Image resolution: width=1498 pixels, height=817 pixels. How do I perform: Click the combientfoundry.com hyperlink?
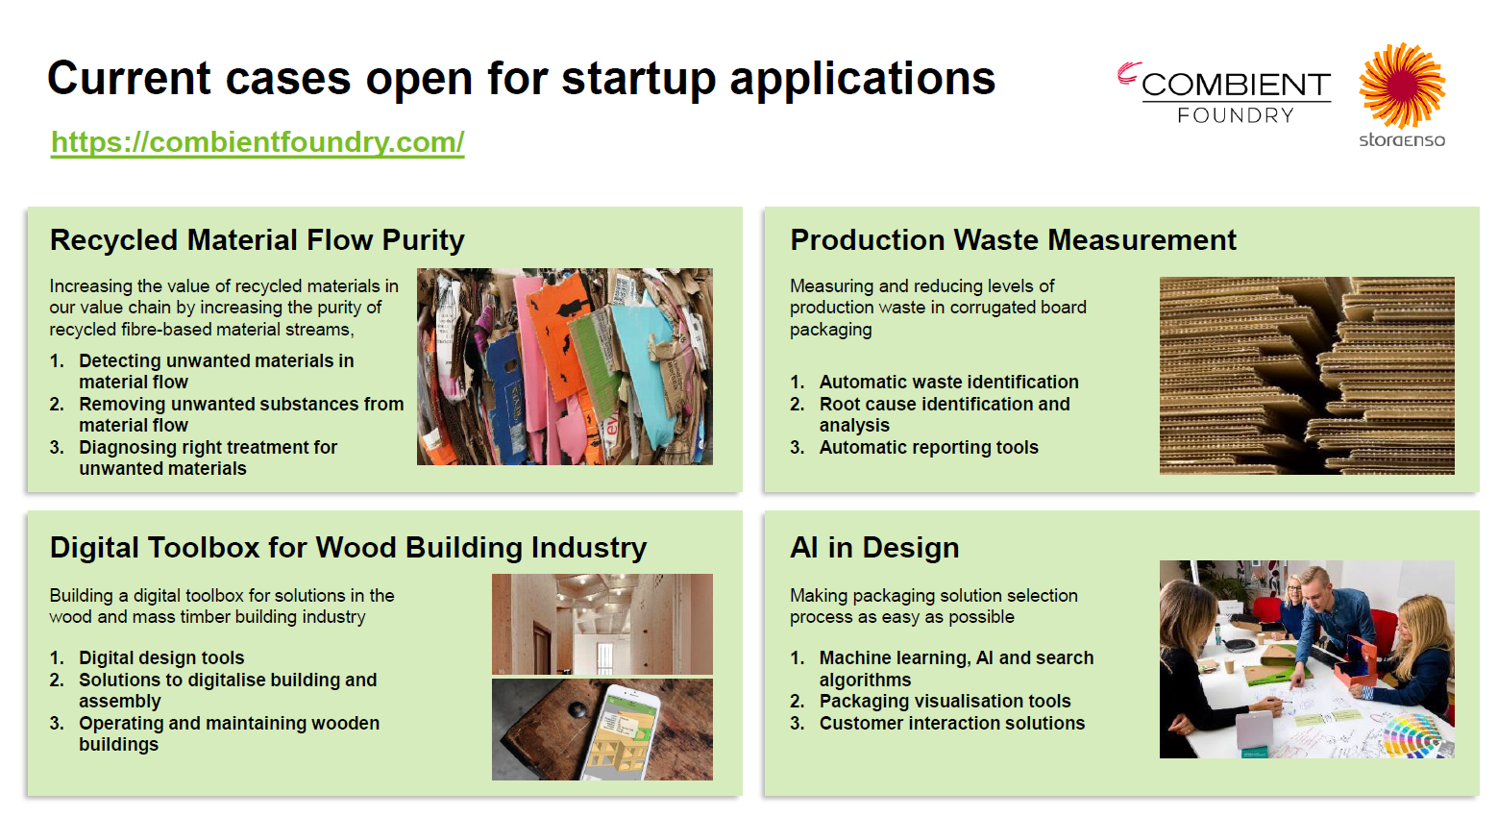click(258, 142)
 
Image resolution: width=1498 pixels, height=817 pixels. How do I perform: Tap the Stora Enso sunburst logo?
click(1402, 86)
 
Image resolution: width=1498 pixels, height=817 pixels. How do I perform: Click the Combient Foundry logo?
click(1225, 93)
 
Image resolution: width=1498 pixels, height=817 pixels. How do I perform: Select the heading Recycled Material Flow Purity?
click(257, 240)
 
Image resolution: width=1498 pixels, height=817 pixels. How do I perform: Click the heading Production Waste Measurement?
click(1013, 240)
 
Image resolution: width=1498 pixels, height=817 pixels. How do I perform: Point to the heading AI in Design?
click(874, 547)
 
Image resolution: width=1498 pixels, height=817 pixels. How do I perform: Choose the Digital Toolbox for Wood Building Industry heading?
click(349, 547)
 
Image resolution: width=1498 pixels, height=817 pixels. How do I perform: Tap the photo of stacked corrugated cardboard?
click(1307, 376)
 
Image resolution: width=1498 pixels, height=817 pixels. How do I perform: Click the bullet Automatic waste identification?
click(949, 383)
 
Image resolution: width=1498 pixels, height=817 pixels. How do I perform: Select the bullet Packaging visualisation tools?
click(945, 702)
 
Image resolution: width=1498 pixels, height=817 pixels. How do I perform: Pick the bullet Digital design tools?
click(161, 657)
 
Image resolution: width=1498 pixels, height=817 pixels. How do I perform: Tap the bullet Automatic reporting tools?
click(929, 448)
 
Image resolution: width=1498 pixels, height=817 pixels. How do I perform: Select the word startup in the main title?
click(638, 80)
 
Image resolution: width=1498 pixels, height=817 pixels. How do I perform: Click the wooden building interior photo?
click(602, 624)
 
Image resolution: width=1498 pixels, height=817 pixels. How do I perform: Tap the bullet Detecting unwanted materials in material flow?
click(216, 371)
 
